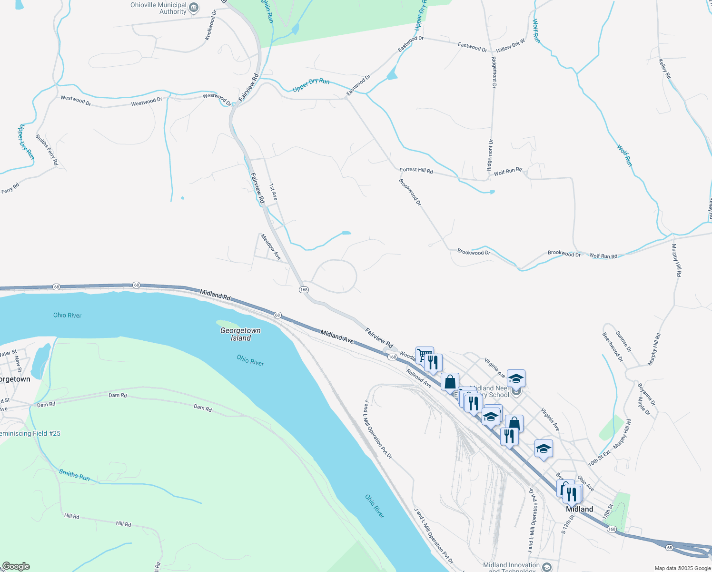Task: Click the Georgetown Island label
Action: (x=240, y=334)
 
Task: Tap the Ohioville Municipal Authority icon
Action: (x=194, y=8)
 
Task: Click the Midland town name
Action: (x=579, y=509)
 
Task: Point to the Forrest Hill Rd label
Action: (x=416, y=170)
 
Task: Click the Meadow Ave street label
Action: (x=271, y=246)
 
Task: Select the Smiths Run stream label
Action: (x=74, y=475)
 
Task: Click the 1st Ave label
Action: (x=273, y=192)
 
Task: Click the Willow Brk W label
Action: (x=510, y=46)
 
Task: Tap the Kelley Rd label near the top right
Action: (x=664, y=69)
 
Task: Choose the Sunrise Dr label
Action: (x=623, y=341)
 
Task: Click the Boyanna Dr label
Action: (x=646, y=394)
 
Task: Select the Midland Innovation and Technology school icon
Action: (x=547, y=567)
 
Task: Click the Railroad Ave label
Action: (x=419, y=378)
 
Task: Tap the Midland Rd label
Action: (x=215, y=295)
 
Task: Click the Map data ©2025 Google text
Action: (x=682, y=568)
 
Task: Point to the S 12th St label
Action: (x=568, y=523)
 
